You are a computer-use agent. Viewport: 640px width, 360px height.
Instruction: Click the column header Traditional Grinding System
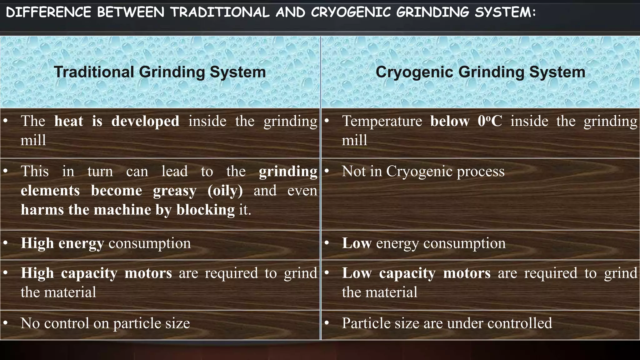click(x=160, y=72)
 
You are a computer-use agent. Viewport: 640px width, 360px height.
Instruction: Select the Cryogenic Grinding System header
click(x=480, y=72)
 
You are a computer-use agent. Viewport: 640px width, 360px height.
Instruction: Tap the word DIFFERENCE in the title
click(x=48, y=12)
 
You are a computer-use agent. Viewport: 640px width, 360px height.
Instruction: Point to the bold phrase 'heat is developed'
click(x=117, y=121)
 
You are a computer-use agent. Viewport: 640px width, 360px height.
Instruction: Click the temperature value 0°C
click(x=490, y=121)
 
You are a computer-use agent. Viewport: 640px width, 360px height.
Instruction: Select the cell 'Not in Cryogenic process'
click(x=423, y=171)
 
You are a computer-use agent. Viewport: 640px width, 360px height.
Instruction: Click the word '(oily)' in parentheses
click(x=225, y=191)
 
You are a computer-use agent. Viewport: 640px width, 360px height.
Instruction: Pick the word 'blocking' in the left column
click(x=205, y=210)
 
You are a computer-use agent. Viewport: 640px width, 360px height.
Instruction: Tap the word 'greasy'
click(x=175, y=191)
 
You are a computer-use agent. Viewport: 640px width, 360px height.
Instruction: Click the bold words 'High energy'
click(x=62, y=243)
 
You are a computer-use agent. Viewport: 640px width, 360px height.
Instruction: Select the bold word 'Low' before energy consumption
click(x=357, y=243)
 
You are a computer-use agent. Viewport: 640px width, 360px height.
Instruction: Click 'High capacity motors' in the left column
click(x=96, y=273)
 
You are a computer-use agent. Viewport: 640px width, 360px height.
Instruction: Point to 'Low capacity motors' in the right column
click(x=416, y=273)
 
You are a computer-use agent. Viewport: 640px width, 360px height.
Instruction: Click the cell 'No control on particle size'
click(x=105, y=323)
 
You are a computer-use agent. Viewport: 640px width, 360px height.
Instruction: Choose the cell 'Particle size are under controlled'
click(x=447, y=323)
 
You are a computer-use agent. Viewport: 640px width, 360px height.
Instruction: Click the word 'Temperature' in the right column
click(x=382, y=121)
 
